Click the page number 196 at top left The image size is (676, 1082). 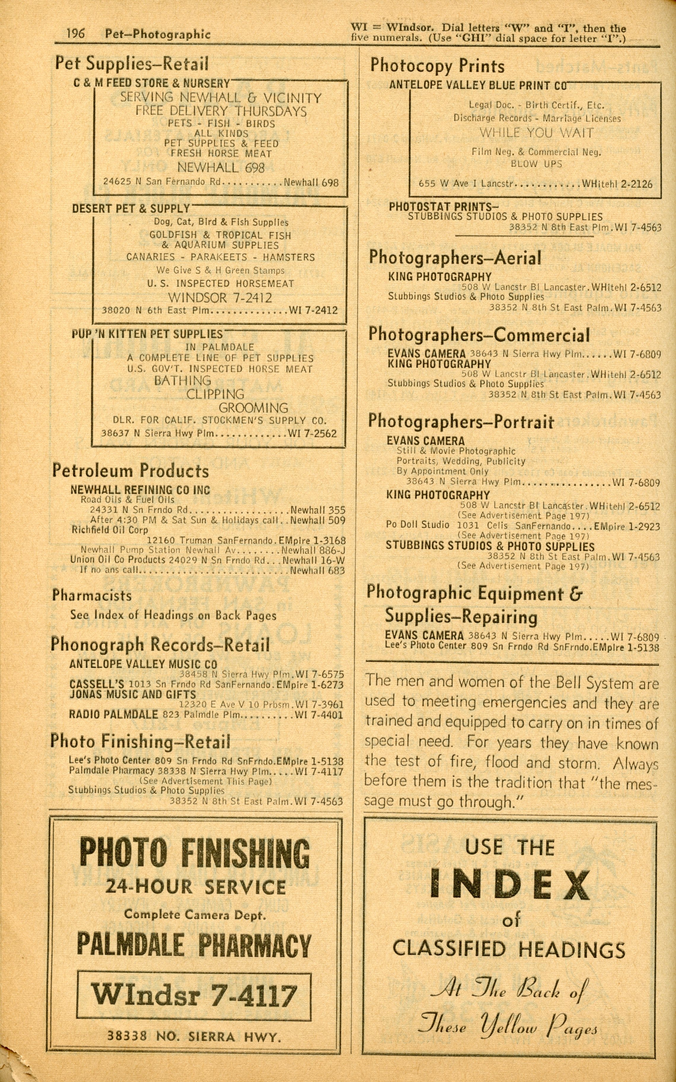[76, 33]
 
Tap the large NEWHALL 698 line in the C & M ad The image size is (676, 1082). [221, 168]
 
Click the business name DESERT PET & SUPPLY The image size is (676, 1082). [131, 209]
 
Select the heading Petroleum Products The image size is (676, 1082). [130, 471]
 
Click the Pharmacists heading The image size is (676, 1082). [92, 596]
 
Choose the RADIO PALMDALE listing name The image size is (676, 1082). [113, 714]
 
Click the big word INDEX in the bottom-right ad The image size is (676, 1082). [510, 885]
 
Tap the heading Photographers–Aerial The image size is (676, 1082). [455, 258]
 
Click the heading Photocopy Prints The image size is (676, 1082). [437, 66]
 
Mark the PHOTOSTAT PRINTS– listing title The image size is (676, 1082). [444, 207]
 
